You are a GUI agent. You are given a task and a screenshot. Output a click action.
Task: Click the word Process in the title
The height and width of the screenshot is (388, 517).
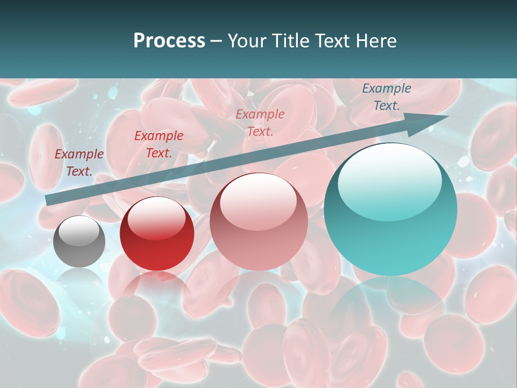[169, 40]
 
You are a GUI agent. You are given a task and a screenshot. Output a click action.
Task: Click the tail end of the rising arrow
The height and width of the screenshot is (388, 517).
[47, 200]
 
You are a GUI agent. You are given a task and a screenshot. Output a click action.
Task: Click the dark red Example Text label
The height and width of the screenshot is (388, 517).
[159, 144]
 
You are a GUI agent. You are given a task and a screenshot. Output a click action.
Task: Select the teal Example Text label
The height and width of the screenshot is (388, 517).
[386, 97]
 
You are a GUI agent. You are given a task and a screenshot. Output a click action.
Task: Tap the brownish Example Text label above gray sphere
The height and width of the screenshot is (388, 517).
[79, 163]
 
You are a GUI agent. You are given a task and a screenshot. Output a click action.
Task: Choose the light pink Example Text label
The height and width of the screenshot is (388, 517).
[260, 122]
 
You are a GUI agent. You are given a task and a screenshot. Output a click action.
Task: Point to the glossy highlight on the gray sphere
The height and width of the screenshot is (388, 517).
[79, 231]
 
